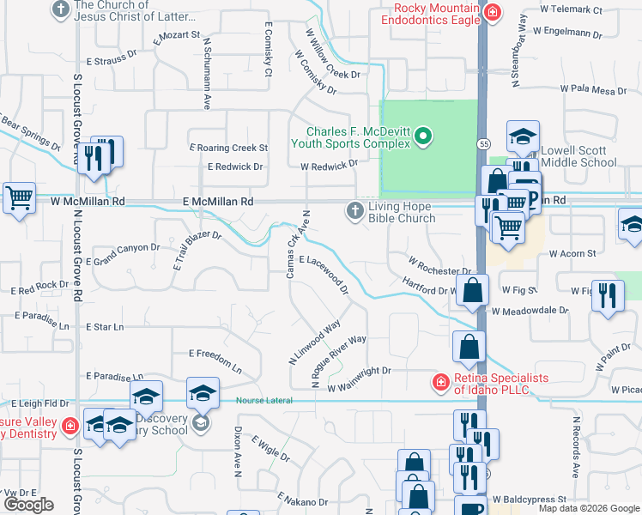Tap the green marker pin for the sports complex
[x=422, y=136]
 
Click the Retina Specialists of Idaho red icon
[x=440, y=381]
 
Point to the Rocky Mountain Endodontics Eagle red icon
[x=493, y=12]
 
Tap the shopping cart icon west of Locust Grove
[x=19, y=198]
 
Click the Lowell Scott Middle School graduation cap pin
[x=522, y=136]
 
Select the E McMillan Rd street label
[x=218, y=200]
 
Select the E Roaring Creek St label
[x=229, y=148]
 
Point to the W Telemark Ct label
[x=572, y=9]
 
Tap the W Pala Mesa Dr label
[x=594, y=88]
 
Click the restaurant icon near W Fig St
[x=608, y=295]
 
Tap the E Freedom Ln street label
[x=215, y=353]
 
